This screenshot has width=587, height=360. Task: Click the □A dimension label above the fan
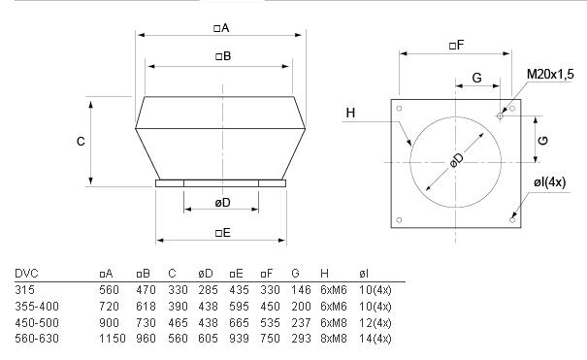(x=221, y=28)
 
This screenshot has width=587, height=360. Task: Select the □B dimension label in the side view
(x=223, y=56)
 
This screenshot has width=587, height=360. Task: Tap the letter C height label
(x=81, y=142)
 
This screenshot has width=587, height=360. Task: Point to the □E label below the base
(x=223, y=233)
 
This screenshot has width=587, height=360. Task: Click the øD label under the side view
(x=222, y=203)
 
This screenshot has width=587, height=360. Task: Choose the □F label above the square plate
(x=456, y=46)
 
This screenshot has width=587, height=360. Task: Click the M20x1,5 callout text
(x=550, y=74)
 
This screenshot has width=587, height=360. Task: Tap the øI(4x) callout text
(x=549, y=182)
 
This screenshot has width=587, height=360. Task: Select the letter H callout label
(x=350, y=113)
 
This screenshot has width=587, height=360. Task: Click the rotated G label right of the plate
(x=542, y=141)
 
